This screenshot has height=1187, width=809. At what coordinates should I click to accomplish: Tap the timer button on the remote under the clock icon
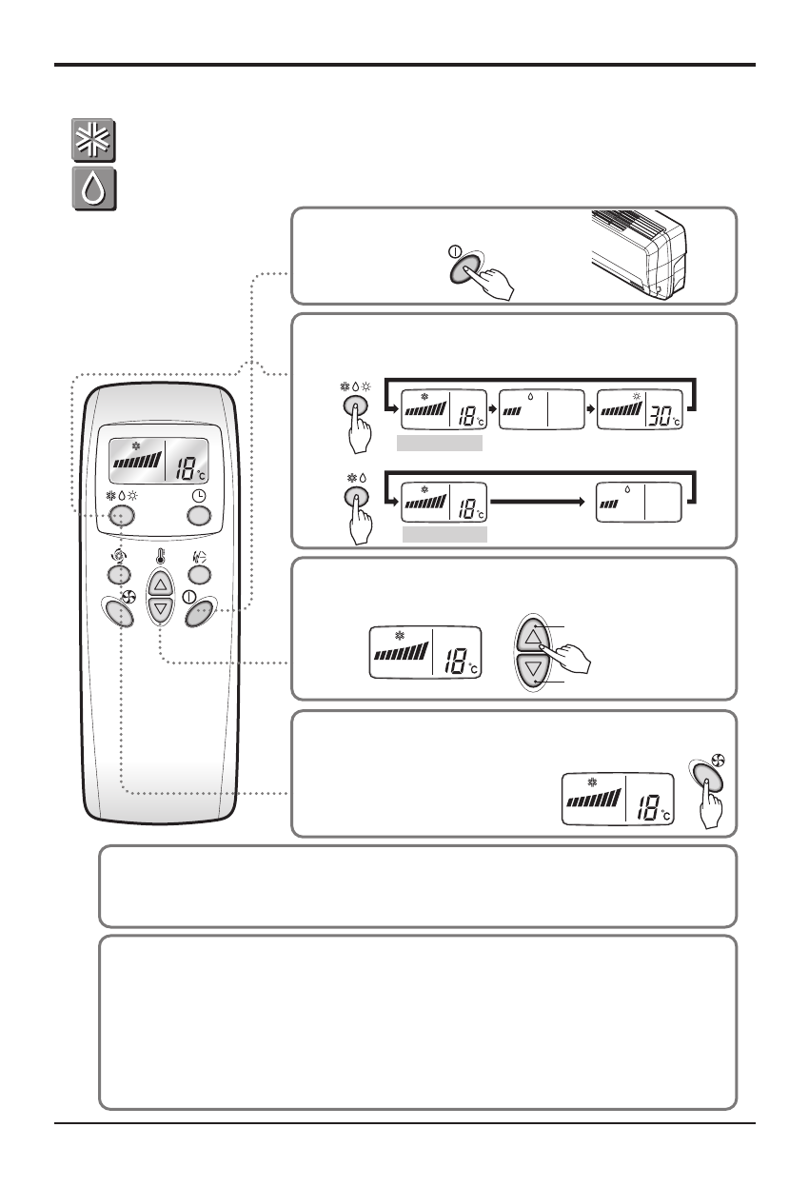point(198,516)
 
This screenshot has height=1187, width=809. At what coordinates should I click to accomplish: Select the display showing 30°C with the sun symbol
point(639,410)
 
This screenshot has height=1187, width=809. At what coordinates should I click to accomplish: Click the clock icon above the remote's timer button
point(198,495)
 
